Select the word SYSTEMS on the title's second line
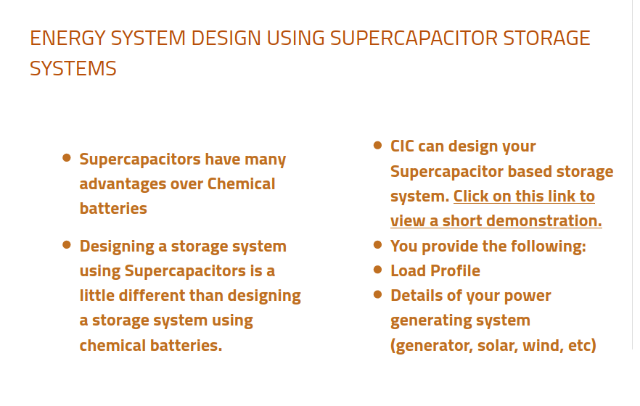point(73,69)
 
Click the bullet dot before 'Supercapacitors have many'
point(67,157)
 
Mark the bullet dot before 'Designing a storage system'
point(67,244)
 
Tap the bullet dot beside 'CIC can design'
point(377,144)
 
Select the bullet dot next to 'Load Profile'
point(377,269)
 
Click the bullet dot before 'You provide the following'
point(377,244)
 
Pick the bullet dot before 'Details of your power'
point(377,294)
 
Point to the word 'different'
point(152,296)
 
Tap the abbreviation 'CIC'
point(403,146)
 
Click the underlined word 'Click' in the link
point(472,196)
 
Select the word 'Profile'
point(456,271)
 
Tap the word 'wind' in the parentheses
point(542,345)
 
